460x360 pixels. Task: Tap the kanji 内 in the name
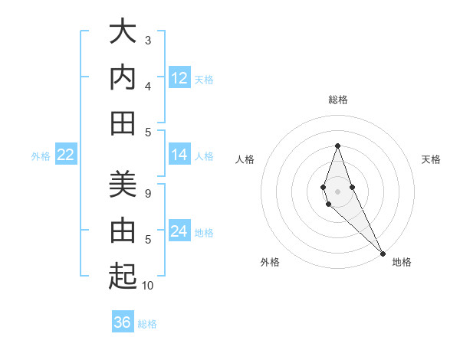point(123,77)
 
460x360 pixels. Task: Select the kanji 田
point(123,123)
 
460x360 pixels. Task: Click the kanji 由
point(123,231)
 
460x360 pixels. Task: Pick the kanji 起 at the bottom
point(123,276)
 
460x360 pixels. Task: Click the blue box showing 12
point(179,78)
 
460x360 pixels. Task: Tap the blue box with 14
point(179,155)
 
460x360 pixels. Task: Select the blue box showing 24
point(179,231)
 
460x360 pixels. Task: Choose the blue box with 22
point(66,155)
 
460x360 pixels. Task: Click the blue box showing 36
point(123,322)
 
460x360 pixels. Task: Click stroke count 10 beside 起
point(148,286)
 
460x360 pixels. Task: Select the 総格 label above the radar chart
point(338,100)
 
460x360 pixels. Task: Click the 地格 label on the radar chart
point(402,262)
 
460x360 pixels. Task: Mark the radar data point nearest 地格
point(383,253)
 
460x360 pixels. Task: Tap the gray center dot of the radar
point(337,191)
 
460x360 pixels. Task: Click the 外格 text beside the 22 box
point(41,155)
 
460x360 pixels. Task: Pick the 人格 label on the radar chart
point(245,159)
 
